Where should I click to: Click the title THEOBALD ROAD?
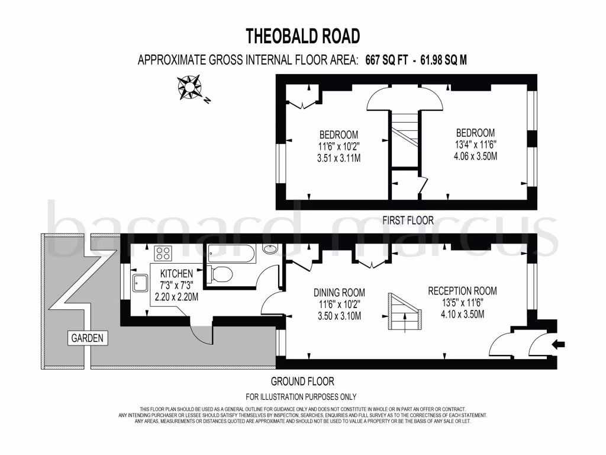(302, 36)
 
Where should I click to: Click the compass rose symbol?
(191, 88)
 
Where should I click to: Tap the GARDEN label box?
(88, 338)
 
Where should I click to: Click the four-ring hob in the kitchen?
(163, 254)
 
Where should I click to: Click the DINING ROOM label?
(339, 293)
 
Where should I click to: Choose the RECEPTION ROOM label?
(462, 291)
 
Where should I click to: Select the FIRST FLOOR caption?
(408, 220)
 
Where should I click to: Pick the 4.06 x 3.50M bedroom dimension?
(471, 156)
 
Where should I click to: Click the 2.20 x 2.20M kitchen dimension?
(175, 297)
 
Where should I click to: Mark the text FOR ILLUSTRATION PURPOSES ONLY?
(301, 397)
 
